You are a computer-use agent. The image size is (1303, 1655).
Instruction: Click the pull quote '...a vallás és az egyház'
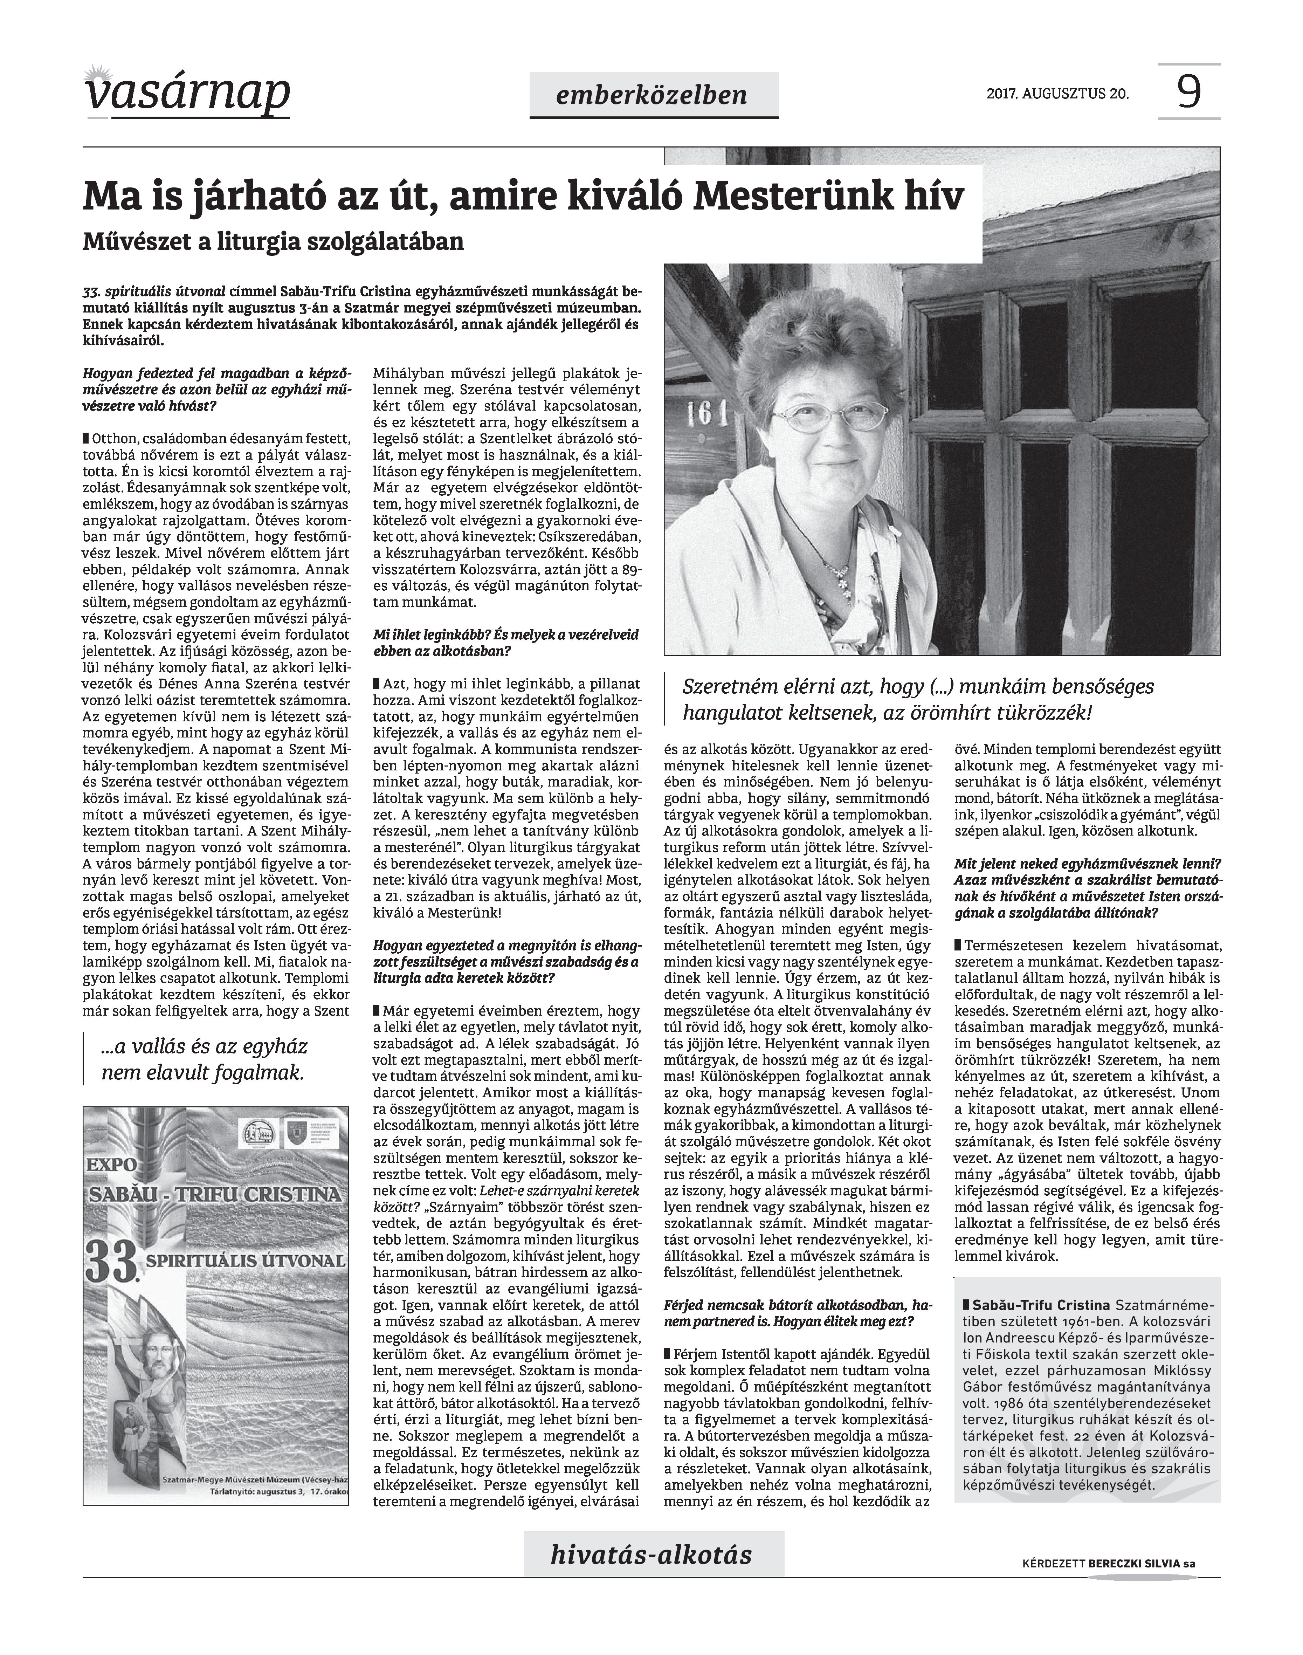pos(204,1047)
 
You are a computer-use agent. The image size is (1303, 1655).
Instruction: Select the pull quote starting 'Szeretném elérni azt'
pos(918,687)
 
